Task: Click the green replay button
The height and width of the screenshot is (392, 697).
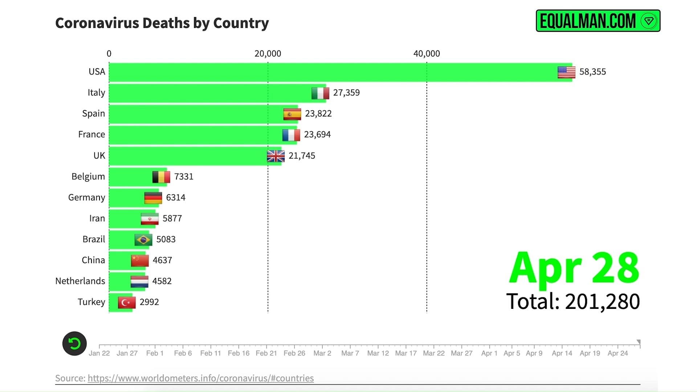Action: click(74, 343)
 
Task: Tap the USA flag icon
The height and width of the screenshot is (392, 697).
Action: click(566, 72)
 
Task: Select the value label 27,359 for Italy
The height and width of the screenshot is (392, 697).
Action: click(346, 93)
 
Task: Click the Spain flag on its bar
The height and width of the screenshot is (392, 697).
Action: click(292, 114)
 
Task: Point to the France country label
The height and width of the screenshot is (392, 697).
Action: click(91, 135)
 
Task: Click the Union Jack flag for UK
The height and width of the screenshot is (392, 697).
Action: click(276, 156)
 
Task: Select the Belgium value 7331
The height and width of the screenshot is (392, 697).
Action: click(184, 177)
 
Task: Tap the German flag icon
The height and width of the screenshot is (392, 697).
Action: click(153, 198)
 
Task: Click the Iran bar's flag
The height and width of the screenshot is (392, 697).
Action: click(150, 219)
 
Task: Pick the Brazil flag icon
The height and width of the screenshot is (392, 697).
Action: click(143, 240)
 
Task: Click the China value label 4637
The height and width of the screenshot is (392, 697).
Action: click(162, 260)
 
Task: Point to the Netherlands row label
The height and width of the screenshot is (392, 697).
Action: click(80, 281)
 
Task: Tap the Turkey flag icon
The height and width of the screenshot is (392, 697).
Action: click(127, 302)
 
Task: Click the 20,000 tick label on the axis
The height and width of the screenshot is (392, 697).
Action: click(268, 54)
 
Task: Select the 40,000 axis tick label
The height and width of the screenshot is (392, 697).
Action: click(427, 54)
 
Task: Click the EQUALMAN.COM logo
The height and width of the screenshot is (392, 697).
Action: click(598, 21)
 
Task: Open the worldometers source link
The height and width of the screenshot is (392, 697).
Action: click(201, 378)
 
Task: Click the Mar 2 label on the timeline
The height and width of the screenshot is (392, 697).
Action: click(322, 353)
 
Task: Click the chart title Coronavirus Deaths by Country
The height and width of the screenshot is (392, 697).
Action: click(162, 23)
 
